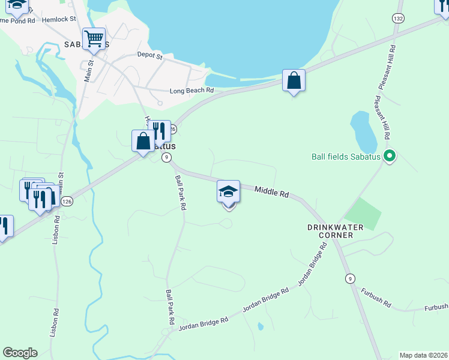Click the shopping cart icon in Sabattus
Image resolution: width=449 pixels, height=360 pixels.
(94, 39)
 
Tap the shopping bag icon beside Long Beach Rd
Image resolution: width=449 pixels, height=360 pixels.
(294, 80)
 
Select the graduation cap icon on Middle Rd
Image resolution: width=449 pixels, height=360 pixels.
(228, 192)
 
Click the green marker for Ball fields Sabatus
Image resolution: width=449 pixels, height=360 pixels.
(390, 157)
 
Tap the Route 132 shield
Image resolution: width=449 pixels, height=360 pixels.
(398, 19)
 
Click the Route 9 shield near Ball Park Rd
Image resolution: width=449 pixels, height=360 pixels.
(167, 157)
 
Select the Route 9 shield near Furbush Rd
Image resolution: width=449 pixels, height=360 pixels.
(349, 278)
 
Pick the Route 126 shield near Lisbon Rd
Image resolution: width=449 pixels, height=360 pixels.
(67, 200)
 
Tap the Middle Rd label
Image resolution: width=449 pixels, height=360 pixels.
(271, 192)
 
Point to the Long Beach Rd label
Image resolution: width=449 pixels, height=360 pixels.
(191, 91)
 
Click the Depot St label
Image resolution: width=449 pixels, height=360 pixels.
(150, 56)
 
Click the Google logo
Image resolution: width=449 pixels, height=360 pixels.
(20, 353)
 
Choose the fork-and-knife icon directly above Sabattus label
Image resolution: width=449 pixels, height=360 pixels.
(159, 131)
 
